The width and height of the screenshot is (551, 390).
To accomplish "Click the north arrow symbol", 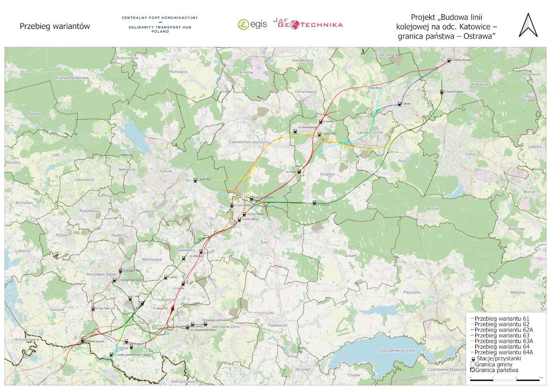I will click(x=528, y=25).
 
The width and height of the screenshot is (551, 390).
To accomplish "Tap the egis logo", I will click(x=252, y=24).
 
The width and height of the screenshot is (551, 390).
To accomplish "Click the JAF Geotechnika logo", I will click(x=308, y=23).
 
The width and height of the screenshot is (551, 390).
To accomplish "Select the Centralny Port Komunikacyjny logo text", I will click(x=160, y=17).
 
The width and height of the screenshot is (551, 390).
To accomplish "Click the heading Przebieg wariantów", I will click(x=55, y=26).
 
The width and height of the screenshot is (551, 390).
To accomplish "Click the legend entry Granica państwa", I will click(x=497, y=369).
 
